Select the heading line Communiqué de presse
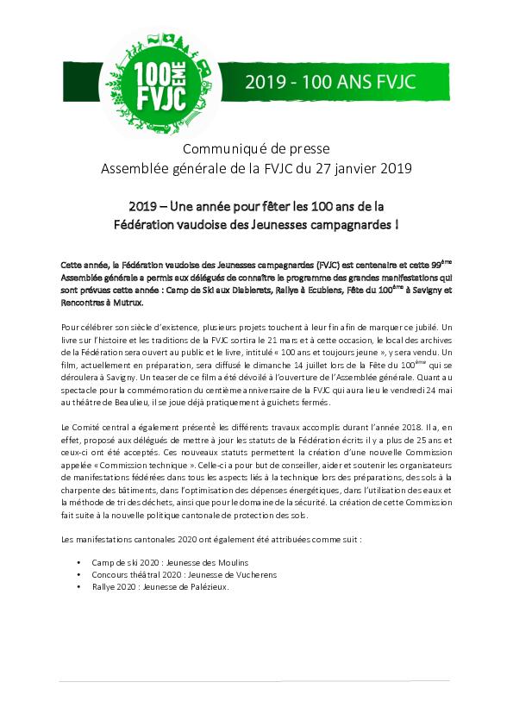click(256, 148)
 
